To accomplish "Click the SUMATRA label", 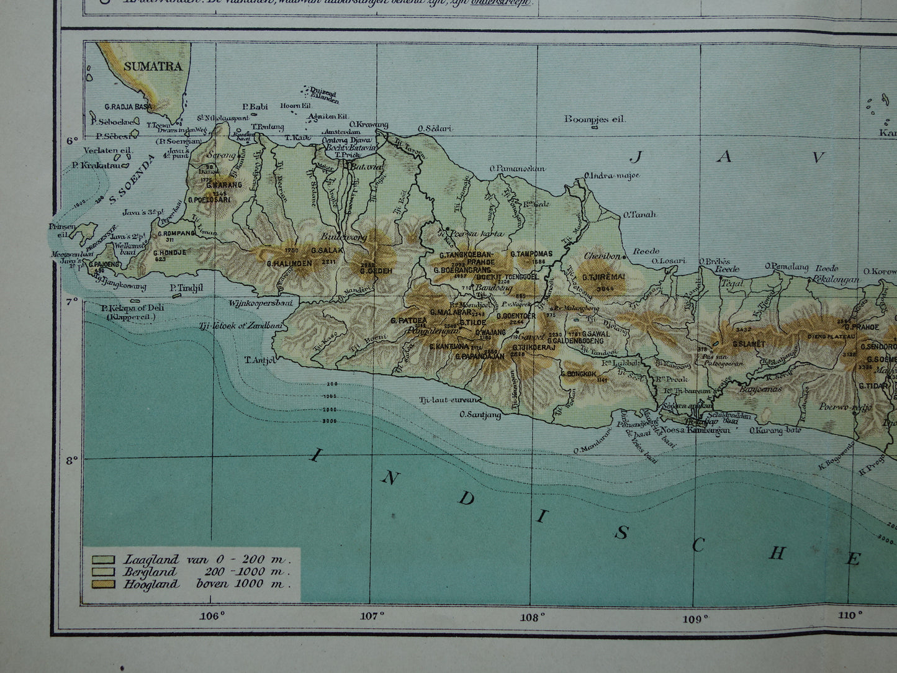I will click(153, 66).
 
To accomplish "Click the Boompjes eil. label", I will click(595, 119).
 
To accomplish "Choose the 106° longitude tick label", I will click(212, 616).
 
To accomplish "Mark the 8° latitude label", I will click(72, 460).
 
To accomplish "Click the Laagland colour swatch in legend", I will click(103, 559).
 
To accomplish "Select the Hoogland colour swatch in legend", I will click(103, 584).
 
